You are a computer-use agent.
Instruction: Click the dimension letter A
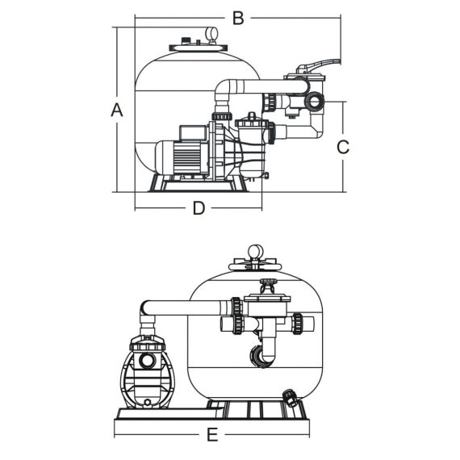[x=117, y=110]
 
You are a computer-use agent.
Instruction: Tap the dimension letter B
[x=238, y=18]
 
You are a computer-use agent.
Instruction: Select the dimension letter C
[x=343, y=147]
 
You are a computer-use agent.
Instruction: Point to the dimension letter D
[x=199, y=208]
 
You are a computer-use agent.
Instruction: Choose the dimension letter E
[x=212, y=435]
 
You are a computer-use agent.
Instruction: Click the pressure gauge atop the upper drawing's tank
[x=211, y=34]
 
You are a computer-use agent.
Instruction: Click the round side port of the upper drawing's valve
[x=315, y=102]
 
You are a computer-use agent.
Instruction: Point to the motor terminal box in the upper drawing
[x=193, y=132]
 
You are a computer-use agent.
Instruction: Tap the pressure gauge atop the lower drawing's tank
[x=255, y=253]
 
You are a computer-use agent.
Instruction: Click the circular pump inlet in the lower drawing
[x=147, y=360]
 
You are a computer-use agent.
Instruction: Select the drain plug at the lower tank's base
[x=291, y=398]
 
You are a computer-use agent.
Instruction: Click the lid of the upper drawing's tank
[x=198, y=48]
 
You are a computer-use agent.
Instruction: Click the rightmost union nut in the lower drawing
[x=298, y=324]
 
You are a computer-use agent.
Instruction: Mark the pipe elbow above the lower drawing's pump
[x=147, y=311]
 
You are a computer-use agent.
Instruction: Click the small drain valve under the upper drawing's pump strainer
[x=266, y=176]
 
